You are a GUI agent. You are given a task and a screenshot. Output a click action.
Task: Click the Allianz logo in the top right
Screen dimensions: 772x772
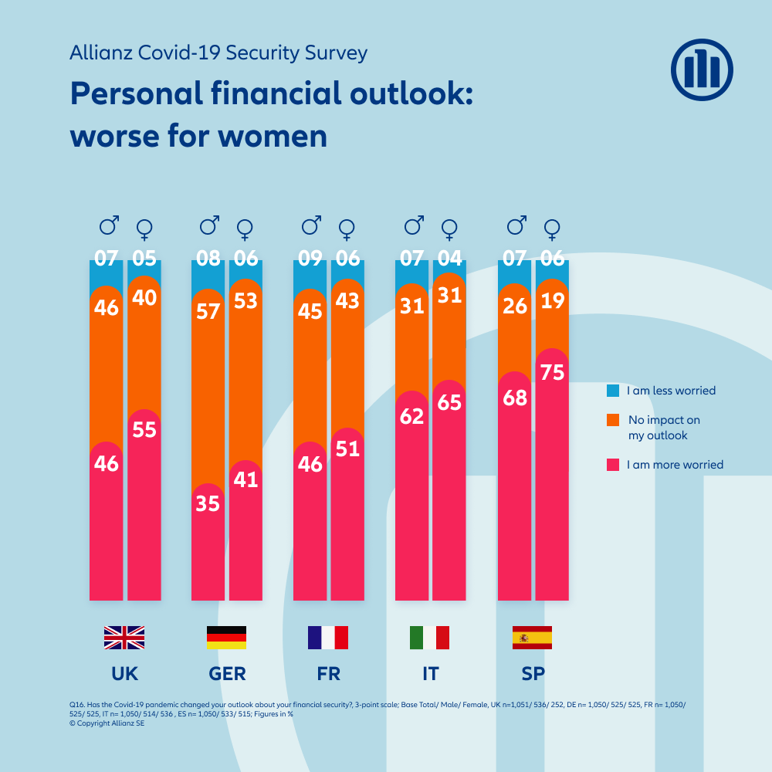[x=702, y=70]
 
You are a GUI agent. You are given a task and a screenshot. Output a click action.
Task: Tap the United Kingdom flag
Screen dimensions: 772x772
[x=124, y=638]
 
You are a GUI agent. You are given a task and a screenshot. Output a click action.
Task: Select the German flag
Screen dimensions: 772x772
[x=226, y=638]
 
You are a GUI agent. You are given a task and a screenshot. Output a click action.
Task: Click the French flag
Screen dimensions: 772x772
[x=328, y=638]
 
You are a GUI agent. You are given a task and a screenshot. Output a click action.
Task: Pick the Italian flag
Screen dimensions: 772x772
[x=430, y=638]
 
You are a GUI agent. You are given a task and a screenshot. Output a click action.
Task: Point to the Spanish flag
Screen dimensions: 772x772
[x=532, y=638]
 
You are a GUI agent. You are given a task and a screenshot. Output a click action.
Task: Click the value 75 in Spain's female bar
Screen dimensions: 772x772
[x=552, y=373]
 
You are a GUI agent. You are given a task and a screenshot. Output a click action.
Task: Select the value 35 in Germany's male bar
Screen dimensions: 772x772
[x=208, y=503]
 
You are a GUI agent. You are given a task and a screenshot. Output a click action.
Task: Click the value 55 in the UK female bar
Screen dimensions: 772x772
[x=144, y=430]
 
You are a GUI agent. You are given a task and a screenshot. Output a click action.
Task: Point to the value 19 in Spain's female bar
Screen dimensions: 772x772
[x=552, y=302]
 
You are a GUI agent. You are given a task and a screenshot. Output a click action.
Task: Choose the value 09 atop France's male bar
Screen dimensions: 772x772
[x=310, y=259]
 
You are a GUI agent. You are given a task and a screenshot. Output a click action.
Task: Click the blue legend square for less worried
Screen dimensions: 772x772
[x=613, y=391]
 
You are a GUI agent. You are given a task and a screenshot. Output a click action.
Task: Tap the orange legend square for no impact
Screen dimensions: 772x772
[x=613, y=420]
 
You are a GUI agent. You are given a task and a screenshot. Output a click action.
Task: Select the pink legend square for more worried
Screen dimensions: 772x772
[x=613, y=465]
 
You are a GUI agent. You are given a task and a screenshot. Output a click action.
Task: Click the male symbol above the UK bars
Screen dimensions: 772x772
[x=109, y=226]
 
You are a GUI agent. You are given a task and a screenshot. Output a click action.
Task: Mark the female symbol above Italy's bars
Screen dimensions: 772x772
[x=449, y=229]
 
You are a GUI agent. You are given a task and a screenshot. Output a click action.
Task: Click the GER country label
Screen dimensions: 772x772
[x=227, y=674]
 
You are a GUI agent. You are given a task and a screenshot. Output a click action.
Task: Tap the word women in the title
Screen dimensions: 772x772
[x=273, y=136]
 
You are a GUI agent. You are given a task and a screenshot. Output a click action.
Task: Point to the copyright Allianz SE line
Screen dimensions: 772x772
[x=102, y=723]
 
